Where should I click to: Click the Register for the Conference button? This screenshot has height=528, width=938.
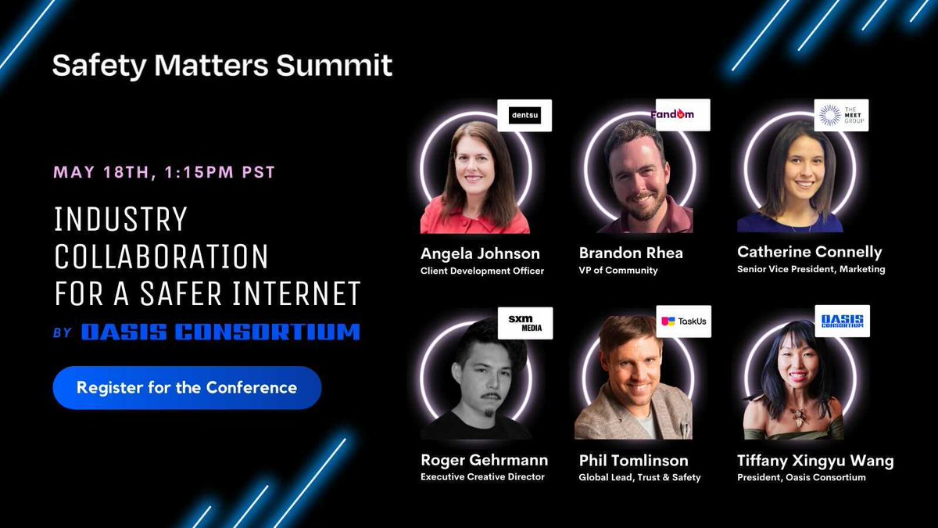(x=187, y=388)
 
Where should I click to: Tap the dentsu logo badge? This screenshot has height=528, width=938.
(x=524, y=116)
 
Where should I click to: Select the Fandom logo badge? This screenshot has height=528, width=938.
(x=682, y=115)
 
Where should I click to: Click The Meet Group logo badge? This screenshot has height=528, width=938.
(x=840, y=115)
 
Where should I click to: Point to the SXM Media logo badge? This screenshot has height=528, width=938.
(x=524, y=322)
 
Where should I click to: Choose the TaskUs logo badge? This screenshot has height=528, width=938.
(x=683, y=321)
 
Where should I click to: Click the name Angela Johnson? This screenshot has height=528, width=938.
(x=480, y=253)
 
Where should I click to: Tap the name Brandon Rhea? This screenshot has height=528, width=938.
(x=631, y=253)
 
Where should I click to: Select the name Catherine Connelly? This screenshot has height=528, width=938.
(x=809, y=252)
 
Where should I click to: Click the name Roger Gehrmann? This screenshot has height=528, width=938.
(x=484, y=460)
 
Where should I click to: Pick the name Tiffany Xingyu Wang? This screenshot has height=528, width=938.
(x=814, y=460)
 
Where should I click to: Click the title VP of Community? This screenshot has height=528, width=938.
(x=618, y=271)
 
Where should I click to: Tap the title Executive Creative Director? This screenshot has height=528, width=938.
(x=482, y=477)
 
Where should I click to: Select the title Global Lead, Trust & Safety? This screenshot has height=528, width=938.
(x=639, y=477)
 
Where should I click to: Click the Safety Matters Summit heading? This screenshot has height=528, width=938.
(x=222, y=66)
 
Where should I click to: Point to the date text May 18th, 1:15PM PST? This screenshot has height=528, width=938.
(x=164, y=172)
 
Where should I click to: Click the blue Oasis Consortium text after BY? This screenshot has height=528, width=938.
(x=220, y=332)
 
